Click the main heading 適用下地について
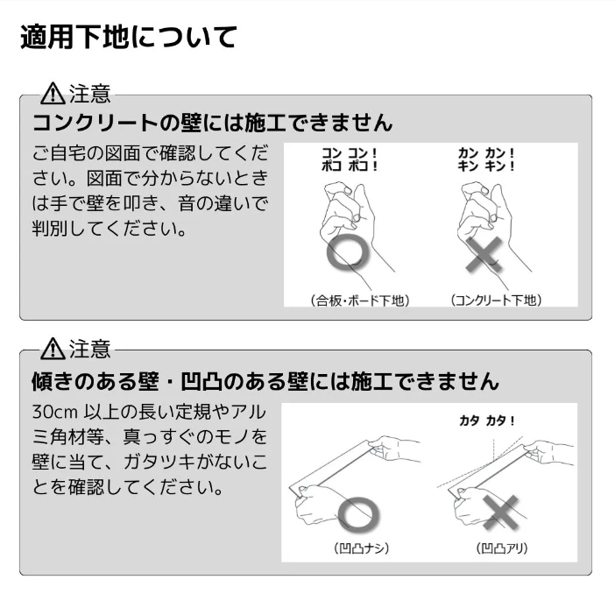pos(128,38)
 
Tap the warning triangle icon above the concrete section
pos(53,94)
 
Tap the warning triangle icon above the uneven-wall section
pos(53,349)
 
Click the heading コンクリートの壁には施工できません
pos(212,123)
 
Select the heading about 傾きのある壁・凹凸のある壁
pos(265,381)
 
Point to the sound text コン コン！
pos(349,153)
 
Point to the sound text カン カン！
pos(486,153)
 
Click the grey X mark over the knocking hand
pos(484,254)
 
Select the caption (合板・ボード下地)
pos(360,300)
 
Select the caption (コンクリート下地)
pos(496,300)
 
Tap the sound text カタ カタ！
pos(487,421)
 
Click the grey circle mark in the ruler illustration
pos(358,513)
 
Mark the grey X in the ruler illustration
pos(500,512)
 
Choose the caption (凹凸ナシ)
pos(361,548)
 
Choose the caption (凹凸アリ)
pos(502,548)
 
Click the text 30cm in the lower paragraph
pos(56,413)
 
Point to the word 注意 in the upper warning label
pos(90,94)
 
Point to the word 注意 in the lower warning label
pos(90,349)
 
